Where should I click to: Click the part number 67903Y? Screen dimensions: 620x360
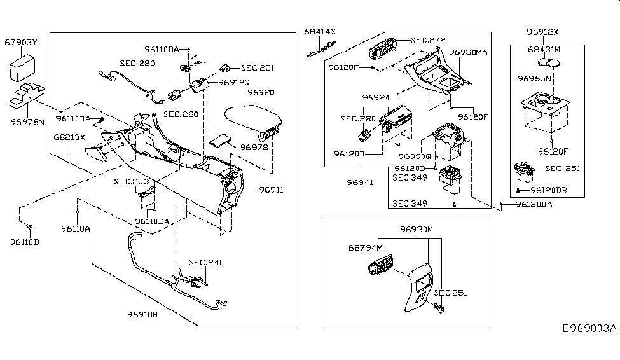(x=20, y=43)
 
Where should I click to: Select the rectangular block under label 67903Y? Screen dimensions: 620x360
(x=22, y=69)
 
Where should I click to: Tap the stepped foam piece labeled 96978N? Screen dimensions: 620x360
(x=27, y=95)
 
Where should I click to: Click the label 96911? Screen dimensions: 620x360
(x=272, y=190)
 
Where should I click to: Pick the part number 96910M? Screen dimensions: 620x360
(x=142, y=314)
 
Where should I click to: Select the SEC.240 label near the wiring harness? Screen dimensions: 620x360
(x=206, y=262)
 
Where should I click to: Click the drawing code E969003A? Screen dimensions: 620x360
(x=589, y=328)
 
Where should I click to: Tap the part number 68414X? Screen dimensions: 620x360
(x=319, y=32)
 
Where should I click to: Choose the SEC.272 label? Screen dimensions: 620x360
(x=428, y=40)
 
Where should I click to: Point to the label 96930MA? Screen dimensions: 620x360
(x=468, y=52)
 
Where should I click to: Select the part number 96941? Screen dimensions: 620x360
(x=360, y=183)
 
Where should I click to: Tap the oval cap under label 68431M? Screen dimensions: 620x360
(x=549, y=62)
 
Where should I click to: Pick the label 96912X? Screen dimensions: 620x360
(x=542, y=32)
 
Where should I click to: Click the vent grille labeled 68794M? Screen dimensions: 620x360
(x=380, y=265)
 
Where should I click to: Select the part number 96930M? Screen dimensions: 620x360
(x=416, y=229)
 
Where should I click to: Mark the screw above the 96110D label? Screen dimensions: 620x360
(x=29, y=226)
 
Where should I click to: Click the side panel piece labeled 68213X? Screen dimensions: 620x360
(x=95, y=153)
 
